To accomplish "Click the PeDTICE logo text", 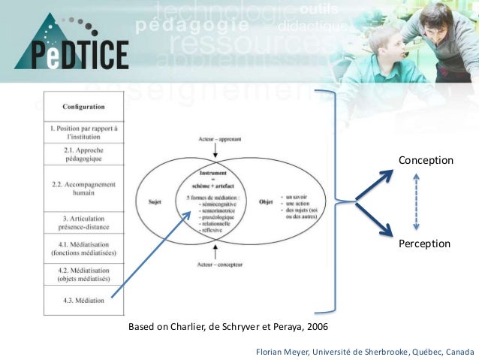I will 71,55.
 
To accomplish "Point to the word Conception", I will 426,161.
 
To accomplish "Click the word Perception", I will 424,244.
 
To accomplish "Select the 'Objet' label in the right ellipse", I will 265,201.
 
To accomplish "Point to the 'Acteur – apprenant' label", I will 215,138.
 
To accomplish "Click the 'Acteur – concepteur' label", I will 215,265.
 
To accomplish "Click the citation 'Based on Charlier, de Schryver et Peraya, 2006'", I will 228,328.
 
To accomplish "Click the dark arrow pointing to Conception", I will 375,184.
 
